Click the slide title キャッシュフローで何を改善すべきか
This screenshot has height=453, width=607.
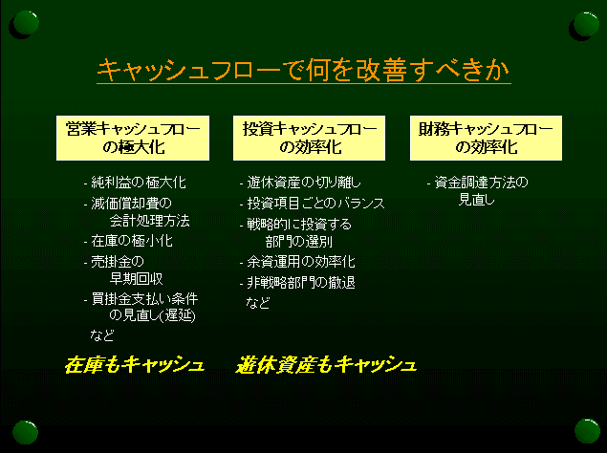tap(304, 71)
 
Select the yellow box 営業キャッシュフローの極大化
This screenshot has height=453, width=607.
tap(133, 138)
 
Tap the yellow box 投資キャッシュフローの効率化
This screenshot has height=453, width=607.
tap(309, 138)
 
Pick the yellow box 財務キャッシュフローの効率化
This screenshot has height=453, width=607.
tap(486, 138)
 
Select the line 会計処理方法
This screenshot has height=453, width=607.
tap(150, 221)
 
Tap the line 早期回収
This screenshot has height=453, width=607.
tap(137, 279)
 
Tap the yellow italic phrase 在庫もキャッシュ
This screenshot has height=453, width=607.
tap(135, 365)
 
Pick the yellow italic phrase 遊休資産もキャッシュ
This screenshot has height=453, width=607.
tap(326, 365)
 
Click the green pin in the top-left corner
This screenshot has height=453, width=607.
tap(26, 23)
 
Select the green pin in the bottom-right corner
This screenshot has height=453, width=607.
tap(587, 431)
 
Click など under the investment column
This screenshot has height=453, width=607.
tap(258, 302)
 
